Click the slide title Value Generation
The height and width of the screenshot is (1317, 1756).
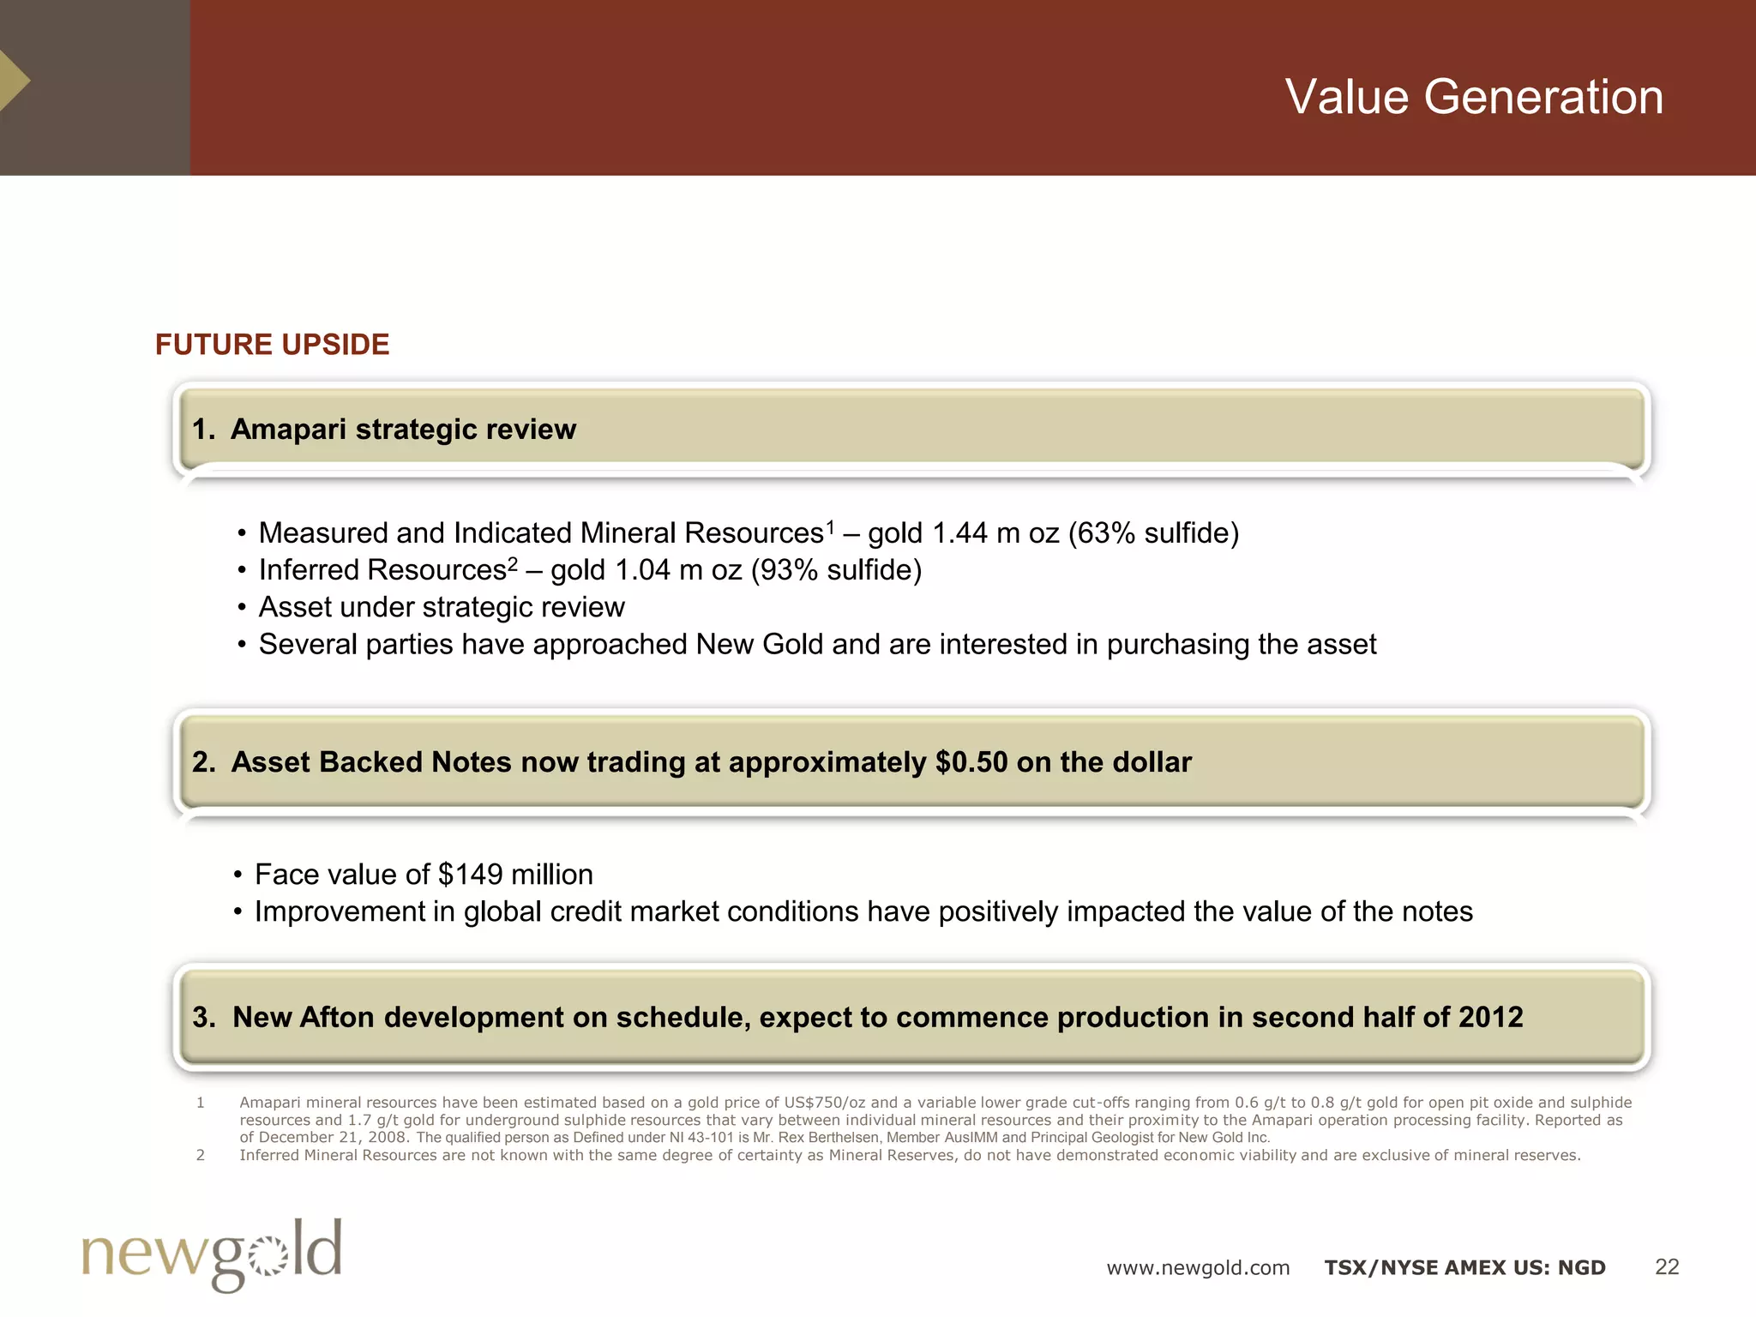tap(1473, 96)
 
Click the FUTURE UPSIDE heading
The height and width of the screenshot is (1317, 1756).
tap(272, 345)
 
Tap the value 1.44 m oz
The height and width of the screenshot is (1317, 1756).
tap(995, 533)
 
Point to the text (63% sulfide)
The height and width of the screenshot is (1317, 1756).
tap(1153, 533)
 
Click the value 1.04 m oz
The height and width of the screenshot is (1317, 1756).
tap(678, 570)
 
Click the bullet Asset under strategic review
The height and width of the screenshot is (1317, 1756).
tap(442, 607)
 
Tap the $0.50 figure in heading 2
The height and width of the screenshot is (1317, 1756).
tap(971, 762)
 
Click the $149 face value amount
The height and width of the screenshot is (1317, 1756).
tap(470, 875)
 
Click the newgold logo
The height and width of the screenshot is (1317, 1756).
tap(212, 1254)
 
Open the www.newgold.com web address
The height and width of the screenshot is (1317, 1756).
tap(1197, 1268)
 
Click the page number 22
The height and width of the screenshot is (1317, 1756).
tap(1666, 1267)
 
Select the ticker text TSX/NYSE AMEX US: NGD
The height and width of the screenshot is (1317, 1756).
tap(1464, 1268)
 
